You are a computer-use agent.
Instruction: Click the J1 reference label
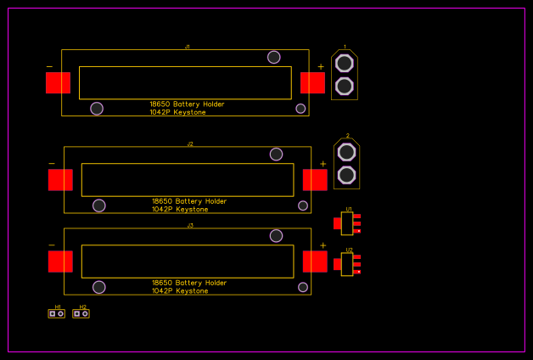coord(188,47)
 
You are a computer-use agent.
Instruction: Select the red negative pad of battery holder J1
coord(58,82)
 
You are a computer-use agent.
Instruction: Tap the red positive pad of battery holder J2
coord(315,180)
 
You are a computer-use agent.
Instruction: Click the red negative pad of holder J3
coord(60,262)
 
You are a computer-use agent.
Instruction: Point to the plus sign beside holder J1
coord(320,67)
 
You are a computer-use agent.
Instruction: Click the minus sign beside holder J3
coord(52,245)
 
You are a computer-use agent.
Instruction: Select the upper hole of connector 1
coord(345,64)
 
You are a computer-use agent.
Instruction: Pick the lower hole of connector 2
coord(346,175)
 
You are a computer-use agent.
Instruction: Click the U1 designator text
coord(349,209)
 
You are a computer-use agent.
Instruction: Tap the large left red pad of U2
coord(338,264)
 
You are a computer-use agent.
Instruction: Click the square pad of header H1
coord(53,313)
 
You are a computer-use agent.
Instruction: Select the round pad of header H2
coord(85,313)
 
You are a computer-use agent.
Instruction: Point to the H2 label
coord(82,307)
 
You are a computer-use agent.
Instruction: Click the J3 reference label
coord(190,225)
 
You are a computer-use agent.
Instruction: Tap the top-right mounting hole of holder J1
coord(274,57)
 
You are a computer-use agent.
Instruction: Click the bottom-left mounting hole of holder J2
coord(99,205)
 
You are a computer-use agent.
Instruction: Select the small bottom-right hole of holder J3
coord(303,287)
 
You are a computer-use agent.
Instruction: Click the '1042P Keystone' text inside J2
coord(180,210)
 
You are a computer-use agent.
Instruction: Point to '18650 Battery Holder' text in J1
coord(188,104)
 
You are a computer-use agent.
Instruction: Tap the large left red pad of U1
coord(338,223)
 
